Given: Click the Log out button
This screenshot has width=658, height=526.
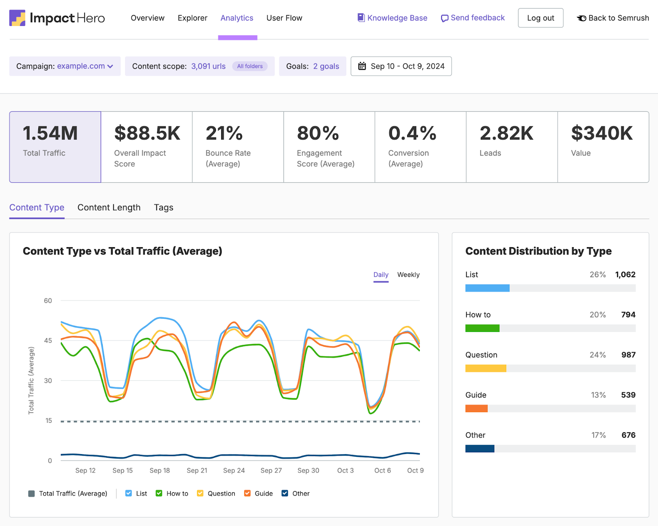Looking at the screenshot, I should [x=540, y=18].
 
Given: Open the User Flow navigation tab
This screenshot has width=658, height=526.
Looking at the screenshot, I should [x=284, y=18].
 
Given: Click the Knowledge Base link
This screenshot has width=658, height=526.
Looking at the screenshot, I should [x=392, y=18].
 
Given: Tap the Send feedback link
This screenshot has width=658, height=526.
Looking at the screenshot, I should [x=473, y=18].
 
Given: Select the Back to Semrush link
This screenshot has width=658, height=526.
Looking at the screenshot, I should [x=613, y=18].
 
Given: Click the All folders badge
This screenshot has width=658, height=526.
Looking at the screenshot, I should [x=250, y=66].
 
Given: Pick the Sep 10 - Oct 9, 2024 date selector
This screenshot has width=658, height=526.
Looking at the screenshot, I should [x=401, y=66].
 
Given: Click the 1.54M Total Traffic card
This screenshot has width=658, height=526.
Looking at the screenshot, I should [x=55, y=147].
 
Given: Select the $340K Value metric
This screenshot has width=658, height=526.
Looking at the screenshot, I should [x=603, y=147].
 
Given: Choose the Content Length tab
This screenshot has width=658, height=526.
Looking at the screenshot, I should [x=109, y=208].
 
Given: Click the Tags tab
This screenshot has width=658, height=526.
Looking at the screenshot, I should [x=164, y=208].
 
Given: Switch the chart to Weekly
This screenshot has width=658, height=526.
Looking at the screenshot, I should [x=408, y=275].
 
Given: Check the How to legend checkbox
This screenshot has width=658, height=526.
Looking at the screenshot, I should [x=159, y=494].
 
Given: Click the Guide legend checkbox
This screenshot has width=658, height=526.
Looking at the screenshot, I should [x=248, y=494].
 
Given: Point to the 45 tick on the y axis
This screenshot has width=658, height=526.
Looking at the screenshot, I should [x=48, y=341].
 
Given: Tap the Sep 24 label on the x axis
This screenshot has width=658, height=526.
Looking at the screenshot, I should [x=234, y=470].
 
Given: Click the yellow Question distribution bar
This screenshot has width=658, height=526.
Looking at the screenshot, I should [x=486, y=368].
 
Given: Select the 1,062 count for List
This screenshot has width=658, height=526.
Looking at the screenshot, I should [x=625, y=275].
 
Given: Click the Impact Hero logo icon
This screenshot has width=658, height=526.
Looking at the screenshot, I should [x=17, y=18].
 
